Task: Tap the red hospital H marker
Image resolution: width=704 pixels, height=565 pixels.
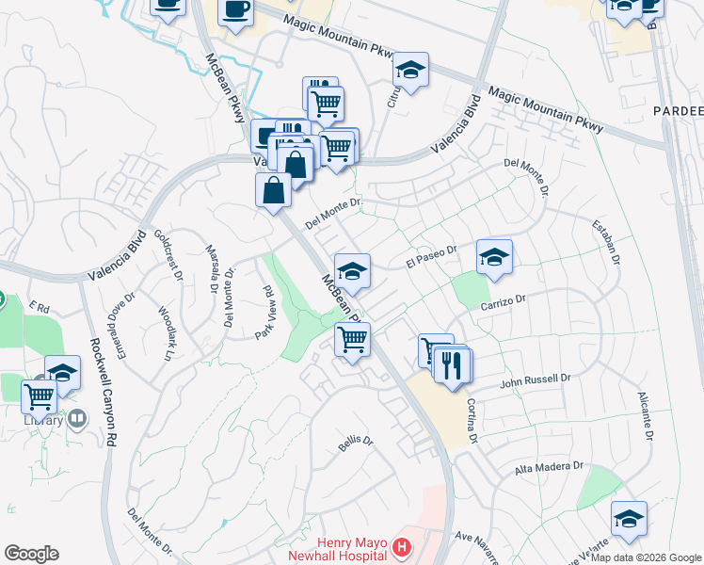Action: point(402,546)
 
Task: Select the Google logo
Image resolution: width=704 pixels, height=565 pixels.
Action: point(31,554)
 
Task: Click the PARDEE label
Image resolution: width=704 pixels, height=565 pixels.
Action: point(678,111)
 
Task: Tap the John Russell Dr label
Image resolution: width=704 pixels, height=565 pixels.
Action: point(535,379)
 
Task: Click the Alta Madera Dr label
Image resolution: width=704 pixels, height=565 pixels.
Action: point(549,467)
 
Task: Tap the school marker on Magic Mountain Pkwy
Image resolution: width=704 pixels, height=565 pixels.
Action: point(410,70)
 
